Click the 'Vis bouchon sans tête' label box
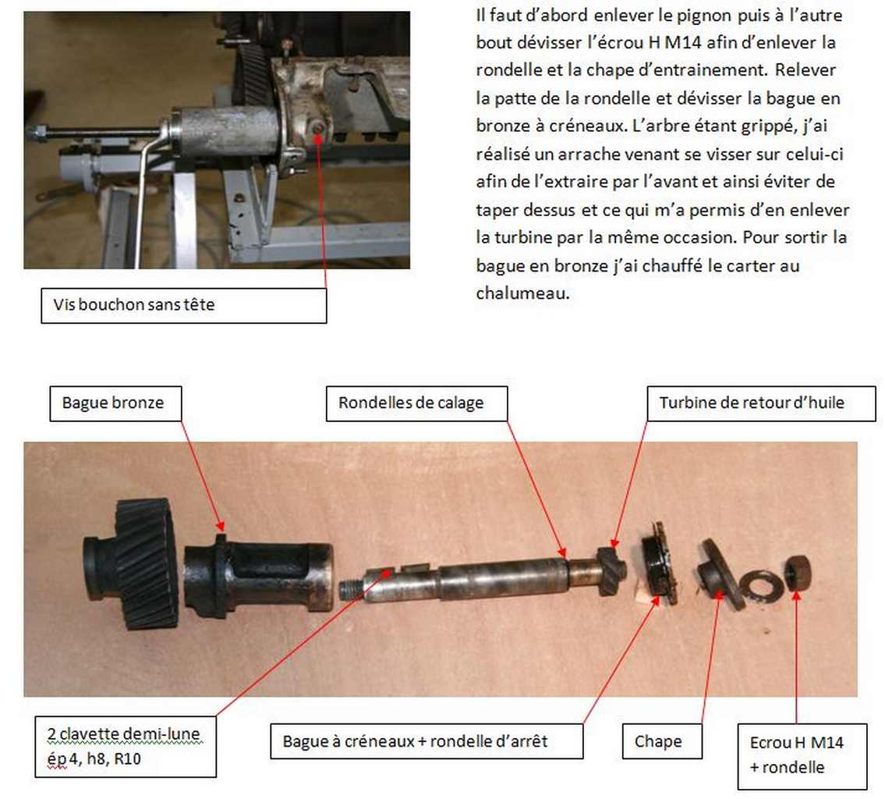pyautogui.click(x=184, y=306)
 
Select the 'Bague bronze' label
pyautogui.click(x=115, y=403)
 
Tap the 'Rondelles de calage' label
pyautogui.click(x=416, y=403)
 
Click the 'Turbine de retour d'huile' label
pyautogui.click(x=761, y=403)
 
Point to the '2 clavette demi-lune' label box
pyautogui.click(x=126, y=747)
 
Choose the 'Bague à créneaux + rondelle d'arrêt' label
pyautogui.click(x=427, y=740)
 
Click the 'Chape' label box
pyautogui.click(x=662, y=740)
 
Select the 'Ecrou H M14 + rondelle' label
pyautogui.click(x=802, y=757)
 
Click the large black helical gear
pyautogui.click(x=132, y=563)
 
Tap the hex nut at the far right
pyautogui.click(x=798, y=573)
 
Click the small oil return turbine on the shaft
pyautogui.click(x=611, y=570)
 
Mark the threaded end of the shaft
pyautogui.click(x=351, y=590)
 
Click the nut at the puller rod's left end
pyautogui.click(x=37, y=133)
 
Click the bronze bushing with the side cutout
pyautogui.click(x=258, y=576)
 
